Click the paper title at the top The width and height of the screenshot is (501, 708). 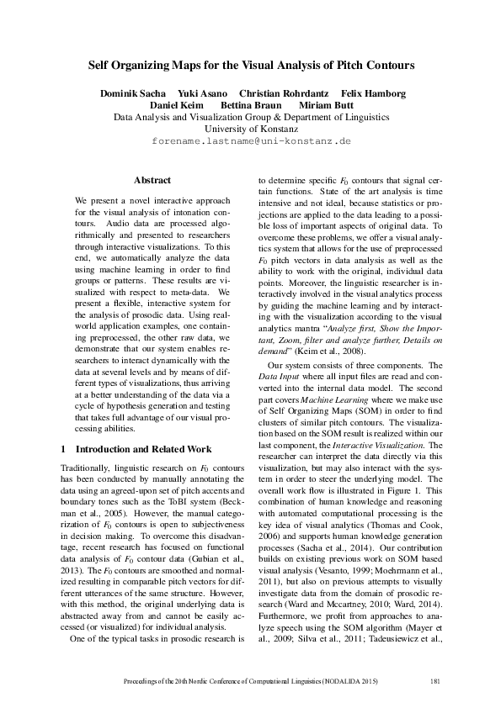pyautogui.click(x=251, y=64)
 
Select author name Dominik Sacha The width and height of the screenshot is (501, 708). pyautogui.click(x=131, y=92)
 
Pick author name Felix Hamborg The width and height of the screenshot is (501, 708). pyautogui.click(x=373, y=92)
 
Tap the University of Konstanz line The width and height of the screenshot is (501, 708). pyautogui.click(x=251, y=129)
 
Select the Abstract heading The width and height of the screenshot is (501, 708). pyautogui.click(x=152, y=180)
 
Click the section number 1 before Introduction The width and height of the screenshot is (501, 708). pyautogui.click(x=65, y=449)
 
